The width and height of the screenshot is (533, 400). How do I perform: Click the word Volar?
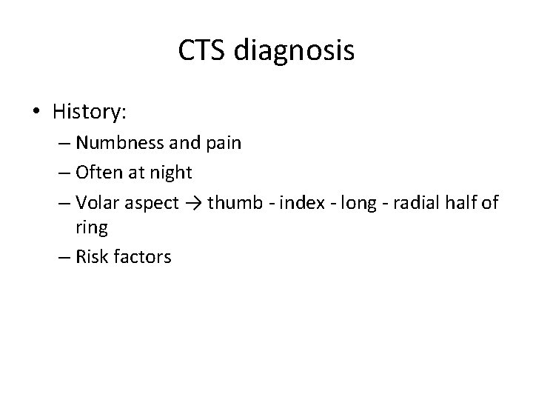coord(95,203)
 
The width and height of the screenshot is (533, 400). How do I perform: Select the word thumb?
coord(231,203)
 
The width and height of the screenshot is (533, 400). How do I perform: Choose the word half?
coord(465,203)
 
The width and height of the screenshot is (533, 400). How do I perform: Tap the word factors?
coord(141,257)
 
